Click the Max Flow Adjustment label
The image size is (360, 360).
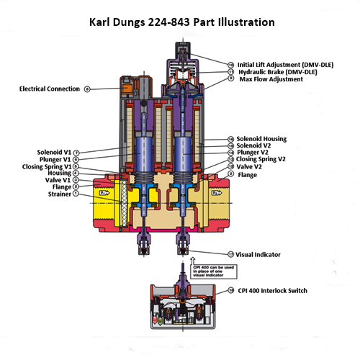[271, 79]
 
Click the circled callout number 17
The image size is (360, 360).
[230, 254]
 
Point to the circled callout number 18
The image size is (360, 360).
[230, 290]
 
